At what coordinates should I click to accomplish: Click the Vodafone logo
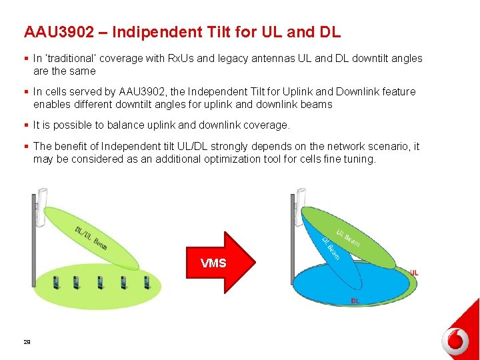pos(455,341)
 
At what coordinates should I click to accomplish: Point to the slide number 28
pos(27,342)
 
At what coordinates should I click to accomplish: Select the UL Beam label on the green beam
pos(348,238)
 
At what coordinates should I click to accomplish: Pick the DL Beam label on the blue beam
pos(331,248)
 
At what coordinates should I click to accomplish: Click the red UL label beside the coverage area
pos(414,273)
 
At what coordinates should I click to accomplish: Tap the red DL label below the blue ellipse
pos(355,301)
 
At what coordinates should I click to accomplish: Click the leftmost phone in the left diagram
pos(57,282)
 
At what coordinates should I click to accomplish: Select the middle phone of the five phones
pos(101,282)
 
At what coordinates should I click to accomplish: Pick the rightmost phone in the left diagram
pos(145,282)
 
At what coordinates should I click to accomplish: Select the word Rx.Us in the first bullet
pos(180,59)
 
